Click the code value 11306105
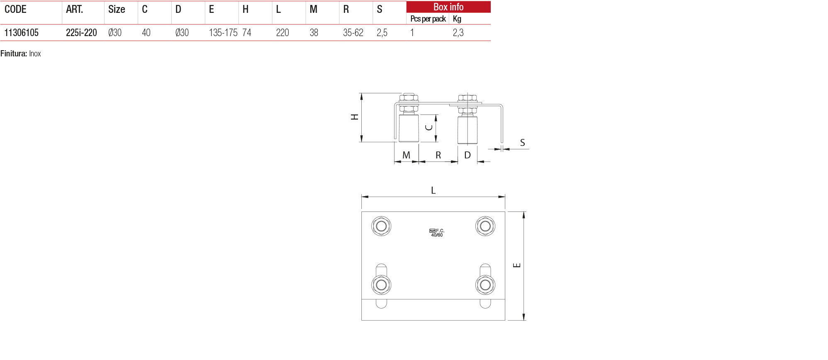point(22,33)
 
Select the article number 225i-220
point(81,33)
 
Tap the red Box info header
point(448,7)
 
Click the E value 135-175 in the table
point(223,33)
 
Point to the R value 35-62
point(353,33)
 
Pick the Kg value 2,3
point(458,33)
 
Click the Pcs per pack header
point(428,19)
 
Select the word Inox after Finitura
point(35,54)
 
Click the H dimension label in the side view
point(355,117)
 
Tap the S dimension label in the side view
point(523,143)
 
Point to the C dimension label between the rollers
point(429,127)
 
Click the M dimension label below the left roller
point(406,155)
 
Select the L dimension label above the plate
point(433,190)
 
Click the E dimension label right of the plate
point(517,265)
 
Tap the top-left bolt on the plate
point(381,226)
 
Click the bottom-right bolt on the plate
point(485,285)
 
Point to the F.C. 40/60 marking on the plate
point(437,233)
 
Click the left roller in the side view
point(409,129)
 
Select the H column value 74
point(247,33)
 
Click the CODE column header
point(16,10)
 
